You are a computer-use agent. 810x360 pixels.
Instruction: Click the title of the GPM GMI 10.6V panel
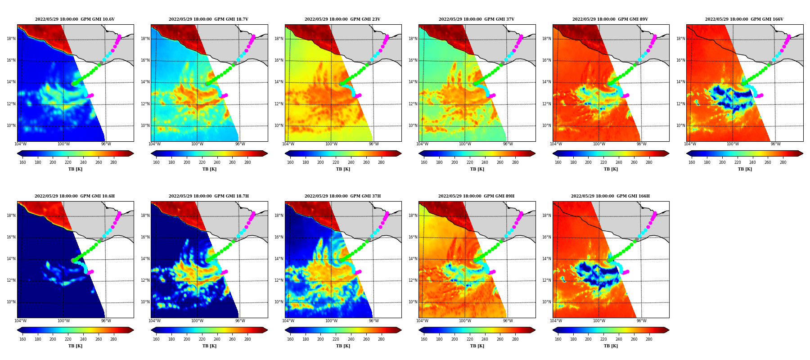(x=75, y=19)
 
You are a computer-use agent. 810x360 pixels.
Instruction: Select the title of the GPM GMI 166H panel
(x=610, y=196)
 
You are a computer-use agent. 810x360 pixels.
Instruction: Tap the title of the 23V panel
(x=342, y=19)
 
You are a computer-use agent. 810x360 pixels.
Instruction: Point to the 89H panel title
(x=477, y=196)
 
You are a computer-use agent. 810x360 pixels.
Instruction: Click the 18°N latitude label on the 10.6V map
(x=11, y=39)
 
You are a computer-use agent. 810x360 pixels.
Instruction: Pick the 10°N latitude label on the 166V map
(x=680, y=126)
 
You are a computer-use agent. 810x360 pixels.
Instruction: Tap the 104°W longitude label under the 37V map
(x=422, y=144)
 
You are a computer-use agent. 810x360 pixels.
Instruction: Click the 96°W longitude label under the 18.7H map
(x=240, y=321)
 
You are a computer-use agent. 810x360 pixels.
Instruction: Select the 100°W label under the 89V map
(x=599, y=144)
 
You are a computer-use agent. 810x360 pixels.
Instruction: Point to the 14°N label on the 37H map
(x=279, y=259)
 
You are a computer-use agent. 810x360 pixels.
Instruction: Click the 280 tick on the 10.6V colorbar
(x=113, y=162)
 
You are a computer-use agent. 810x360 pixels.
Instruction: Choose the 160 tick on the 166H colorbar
(x=558, y=339)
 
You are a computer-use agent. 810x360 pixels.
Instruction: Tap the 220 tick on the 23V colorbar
(x=336, y=162)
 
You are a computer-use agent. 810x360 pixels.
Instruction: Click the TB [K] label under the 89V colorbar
(x=611, y=169)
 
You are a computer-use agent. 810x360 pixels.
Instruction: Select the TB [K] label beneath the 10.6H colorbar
(x=75, y=346)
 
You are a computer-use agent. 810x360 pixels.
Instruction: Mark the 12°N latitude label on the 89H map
(x=413, y=280)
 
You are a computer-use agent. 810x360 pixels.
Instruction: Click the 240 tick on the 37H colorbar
(x=351, y=339)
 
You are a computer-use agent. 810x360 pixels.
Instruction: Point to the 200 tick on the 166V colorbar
(x=722, y=162)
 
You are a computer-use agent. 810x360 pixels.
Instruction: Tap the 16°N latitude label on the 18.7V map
(x=145, y=60)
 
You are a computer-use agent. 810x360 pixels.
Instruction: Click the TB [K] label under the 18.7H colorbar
(x=209, y=346)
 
